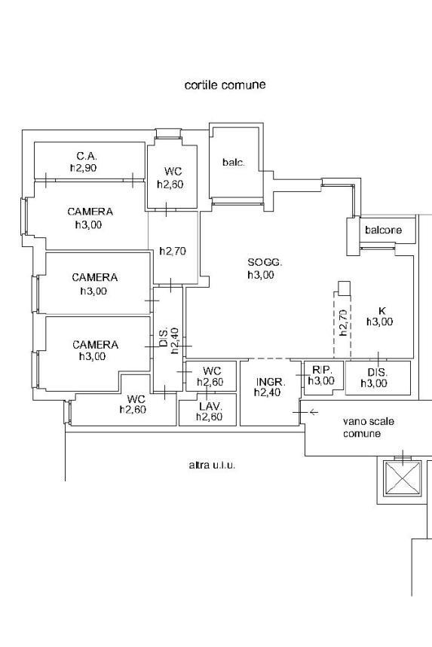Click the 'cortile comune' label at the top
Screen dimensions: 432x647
[x=225, y=85]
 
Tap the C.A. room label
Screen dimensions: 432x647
[x=87, y=156]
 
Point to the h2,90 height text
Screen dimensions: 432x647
[x=84, y=168]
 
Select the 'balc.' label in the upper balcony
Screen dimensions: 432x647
[x=234, y=162]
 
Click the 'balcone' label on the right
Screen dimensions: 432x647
[x=383, y=230]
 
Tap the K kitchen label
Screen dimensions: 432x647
[x=381, y=311]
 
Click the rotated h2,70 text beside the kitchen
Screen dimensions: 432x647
[x=344, y=323]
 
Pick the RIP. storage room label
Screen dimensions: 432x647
[x=322, y=369]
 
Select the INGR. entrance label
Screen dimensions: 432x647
[x=271, y=381]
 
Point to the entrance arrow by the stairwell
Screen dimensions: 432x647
[x=314, y=411]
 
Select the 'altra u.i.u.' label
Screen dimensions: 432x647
[x=212, y=465]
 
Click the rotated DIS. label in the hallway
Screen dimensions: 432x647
[x=164, y=337]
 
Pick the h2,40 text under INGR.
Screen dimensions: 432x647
[x=268, y=393]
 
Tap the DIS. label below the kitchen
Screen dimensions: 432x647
[x=377, y=372]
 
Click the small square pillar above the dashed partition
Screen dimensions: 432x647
[x=344, y=288]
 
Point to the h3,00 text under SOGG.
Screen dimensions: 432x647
[x=261, y=275]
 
